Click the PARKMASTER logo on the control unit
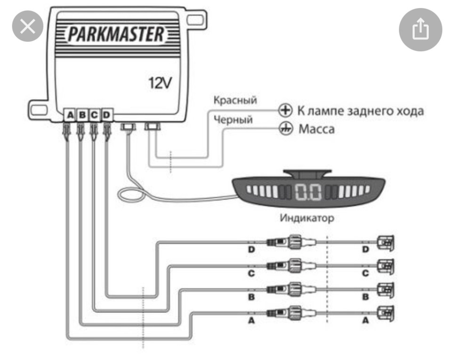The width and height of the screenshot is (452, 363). click(116, 34)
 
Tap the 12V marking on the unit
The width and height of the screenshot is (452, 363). click(160, 83)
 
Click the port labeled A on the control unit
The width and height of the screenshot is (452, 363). click(70, 115)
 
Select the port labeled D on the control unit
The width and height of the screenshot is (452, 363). click(107, 115)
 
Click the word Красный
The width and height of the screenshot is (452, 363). click(235, 100)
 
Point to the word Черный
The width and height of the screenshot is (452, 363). click(233, 119)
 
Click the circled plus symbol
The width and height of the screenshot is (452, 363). click(285, 110)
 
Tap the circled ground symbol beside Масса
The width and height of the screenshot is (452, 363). click(285, 128)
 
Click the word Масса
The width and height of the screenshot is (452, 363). click(316, 129)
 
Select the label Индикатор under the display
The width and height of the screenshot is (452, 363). click(307, 218)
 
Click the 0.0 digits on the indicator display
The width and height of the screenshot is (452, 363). click(308, 191)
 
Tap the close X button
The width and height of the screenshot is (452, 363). click(28, 26)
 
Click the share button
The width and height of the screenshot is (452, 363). click(420, 29)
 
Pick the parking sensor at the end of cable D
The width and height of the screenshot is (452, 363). click(386, 242)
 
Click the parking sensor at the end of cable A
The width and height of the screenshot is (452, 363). click(386, 313)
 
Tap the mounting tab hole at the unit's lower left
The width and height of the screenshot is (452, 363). click(39, 110)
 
